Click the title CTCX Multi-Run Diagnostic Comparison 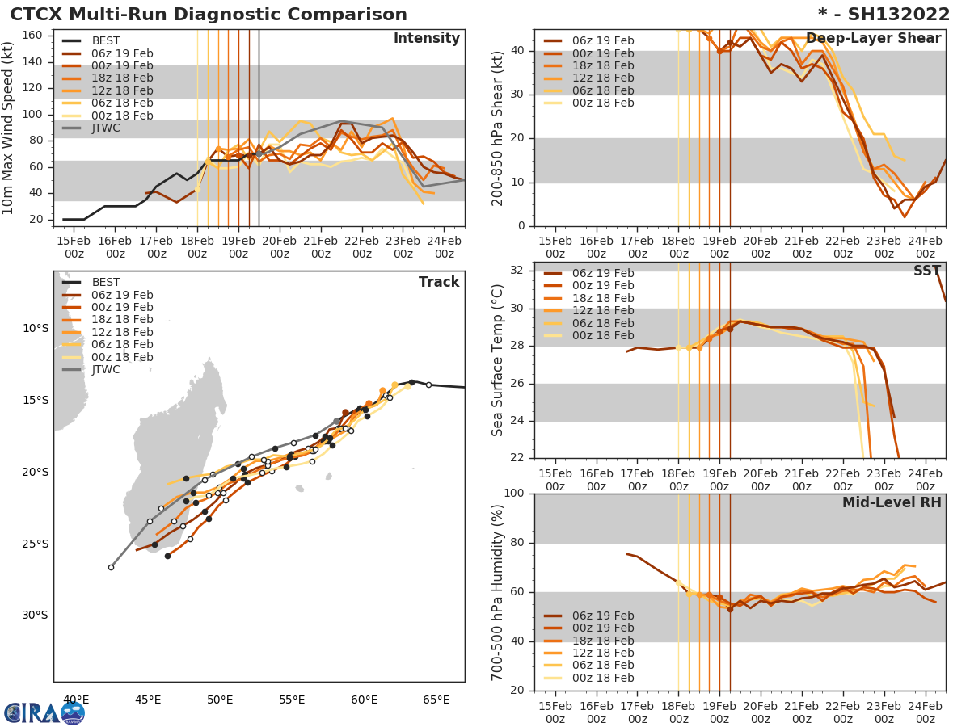tap(209, 15)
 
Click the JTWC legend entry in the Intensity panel tap(105, 128)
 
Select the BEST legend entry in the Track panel tap(106, 282)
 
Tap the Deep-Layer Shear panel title tap(873, 39)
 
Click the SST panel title tap(926, 271)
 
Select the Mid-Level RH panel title tap(891, 503)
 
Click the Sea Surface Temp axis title tap(498, 360)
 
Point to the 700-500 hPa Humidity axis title tap(498, 592)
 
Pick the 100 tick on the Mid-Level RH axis tap(514, 494)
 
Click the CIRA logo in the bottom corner tap(44, 712)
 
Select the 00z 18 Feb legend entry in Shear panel tap(602, 103)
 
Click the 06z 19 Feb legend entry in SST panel tap(602, 273)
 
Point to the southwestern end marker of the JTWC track tap(111, 567)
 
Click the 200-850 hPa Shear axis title tap(498, 128)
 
